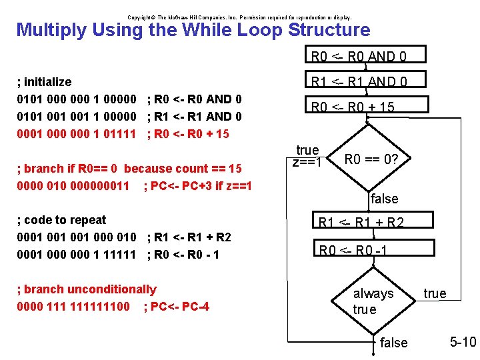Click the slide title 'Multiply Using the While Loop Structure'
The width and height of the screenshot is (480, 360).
point(193,30)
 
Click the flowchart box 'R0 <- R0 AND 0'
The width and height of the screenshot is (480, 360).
point(358,56)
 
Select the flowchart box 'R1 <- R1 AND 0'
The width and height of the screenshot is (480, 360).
point(358,81)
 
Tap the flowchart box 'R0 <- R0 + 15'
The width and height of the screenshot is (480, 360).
point(353,107)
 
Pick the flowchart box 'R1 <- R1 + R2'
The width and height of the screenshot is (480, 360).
point(361,223)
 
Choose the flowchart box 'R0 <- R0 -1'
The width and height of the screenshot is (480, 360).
point(353,251)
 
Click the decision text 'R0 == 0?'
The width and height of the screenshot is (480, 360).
point(371,160)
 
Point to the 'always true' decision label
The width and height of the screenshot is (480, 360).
point(373,301)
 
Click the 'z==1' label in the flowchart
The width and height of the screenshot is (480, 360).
point(307,162)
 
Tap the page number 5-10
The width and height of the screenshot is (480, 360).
point(463,342)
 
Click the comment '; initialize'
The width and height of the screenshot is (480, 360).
point(44,82)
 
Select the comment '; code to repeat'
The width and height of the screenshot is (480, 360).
point(61,220)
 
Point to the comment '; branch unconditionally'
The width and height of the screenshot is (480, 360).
point(86,289)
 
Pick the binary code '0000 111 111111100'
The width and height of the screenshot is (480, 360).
point(73,307)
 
